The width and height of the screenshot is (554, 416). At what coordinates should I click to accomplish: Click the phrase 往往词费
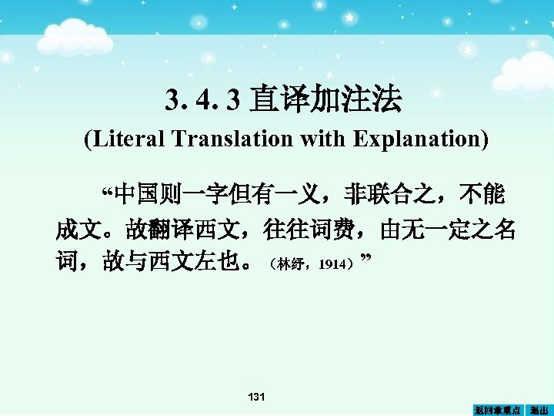click(309, 230)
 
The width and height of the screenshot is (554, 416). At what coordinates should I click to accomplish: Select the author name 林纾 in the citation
click(293, 265)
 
